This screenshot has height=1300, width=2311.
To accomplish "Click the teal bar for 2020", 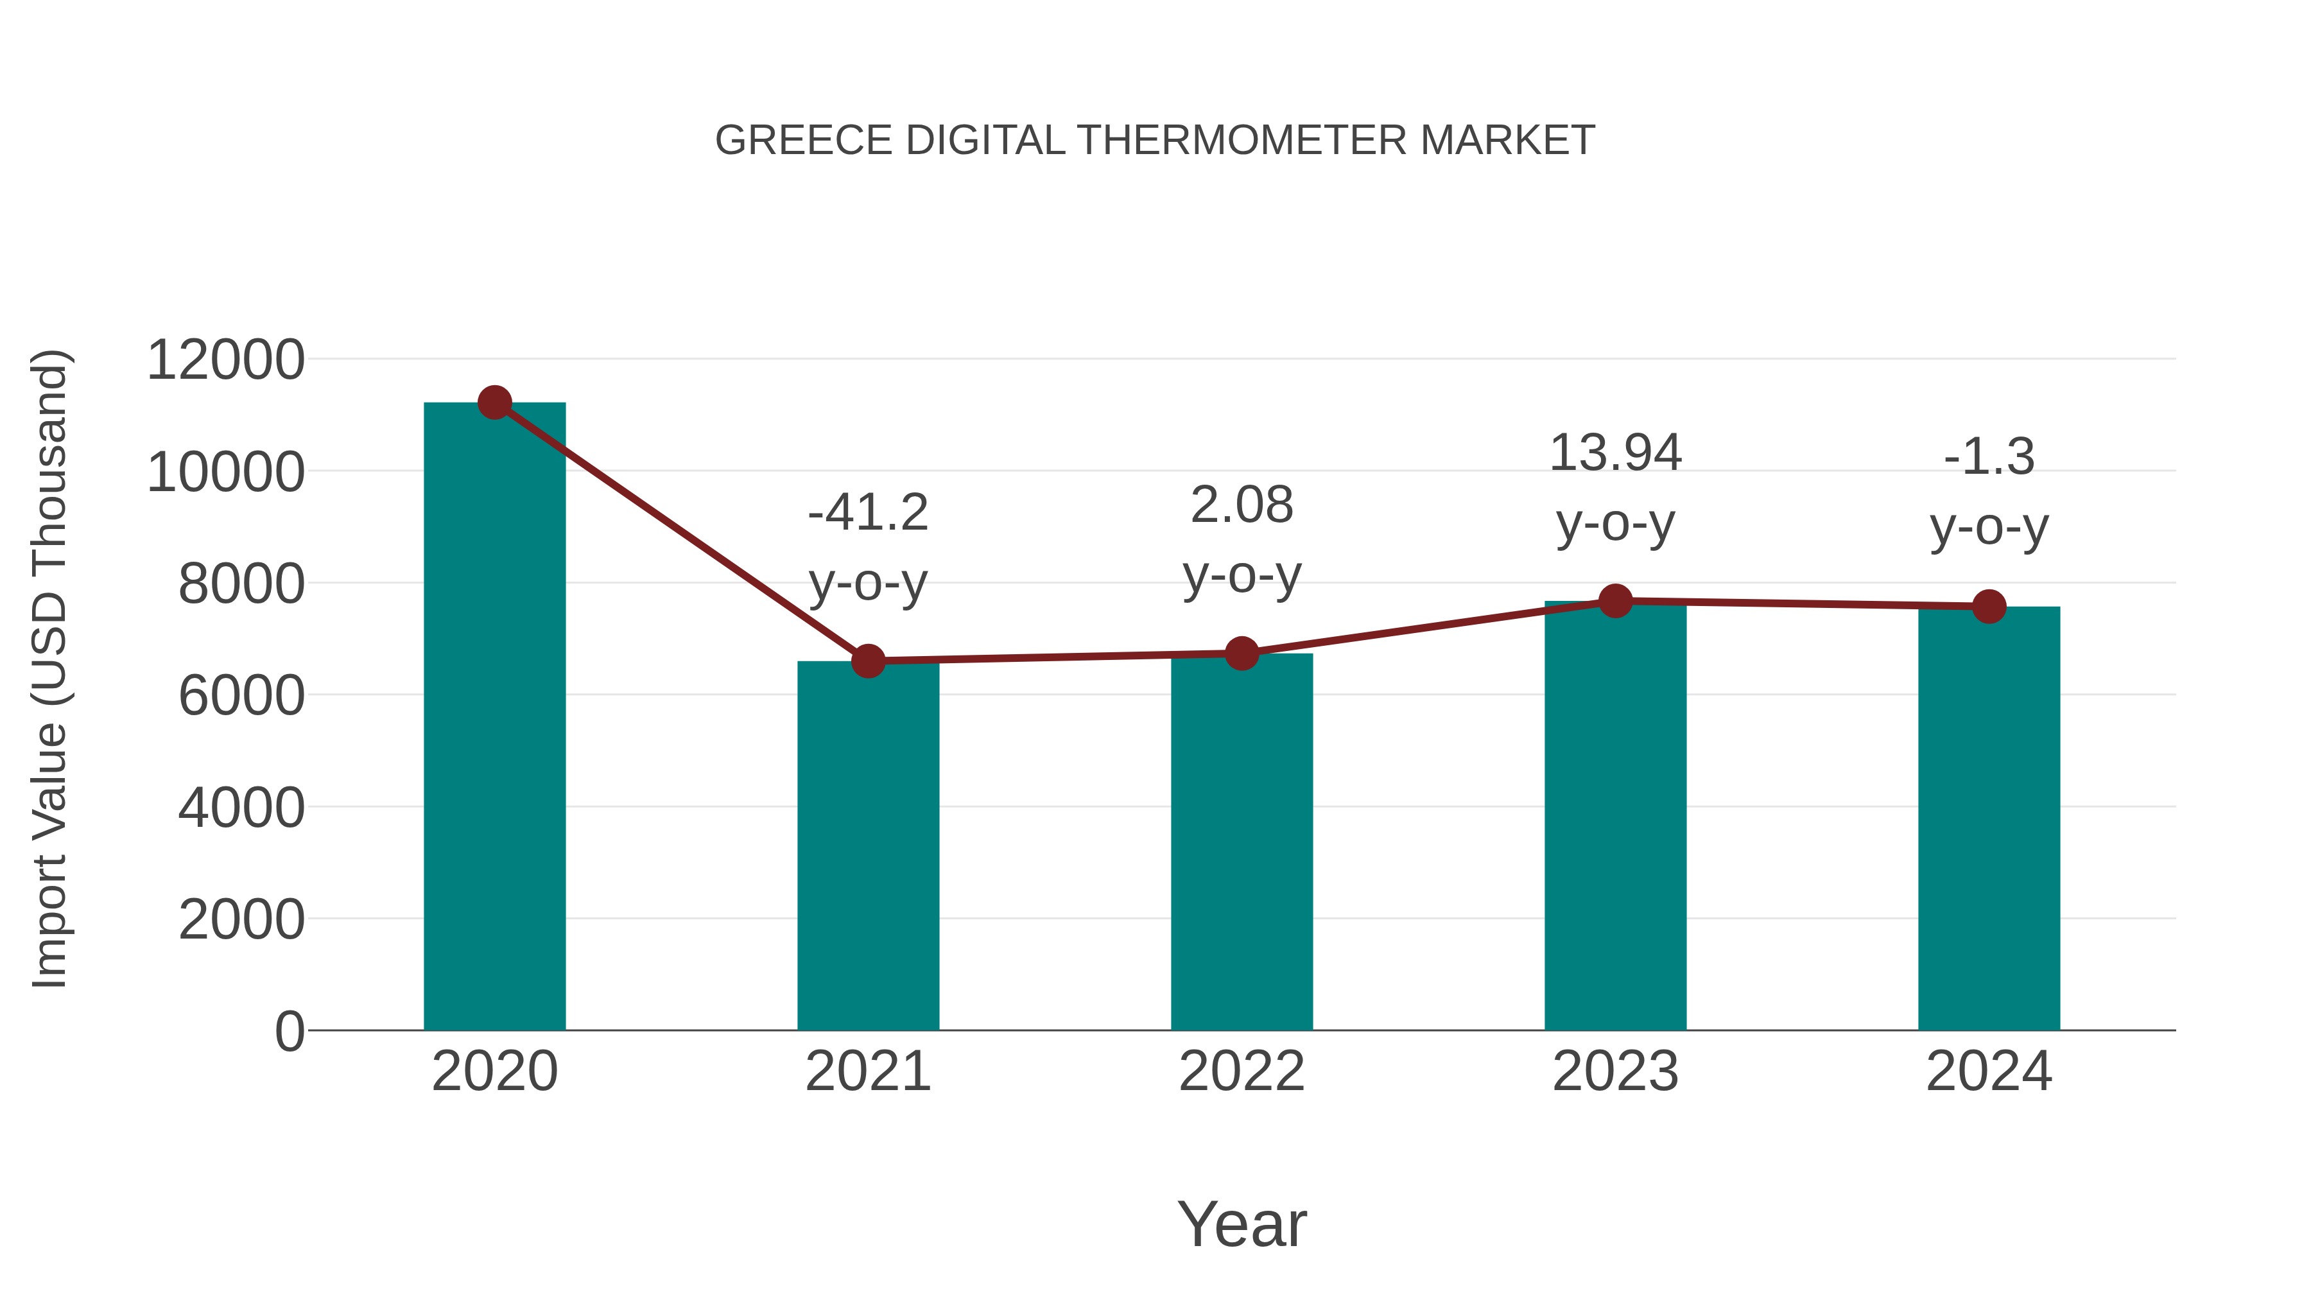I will (x=494, y=718).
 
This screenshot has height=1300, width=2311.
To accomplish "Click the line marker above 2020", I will (x=494, y=403).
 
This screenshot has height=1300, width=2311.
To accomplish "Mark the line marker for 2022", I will (x=1242, y=653).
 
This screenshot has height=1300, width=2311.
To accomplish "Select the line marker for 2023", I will (x=1615, y=601).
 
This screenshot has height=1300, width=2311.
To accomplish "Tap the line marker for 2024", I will (x=1989, y=607).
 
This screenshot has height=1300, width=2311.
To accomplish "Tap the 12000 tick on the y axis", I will (x=225, y=361).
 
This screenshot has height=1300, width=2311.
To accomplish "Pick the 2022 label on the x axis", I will (x=1242, y=1071).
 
